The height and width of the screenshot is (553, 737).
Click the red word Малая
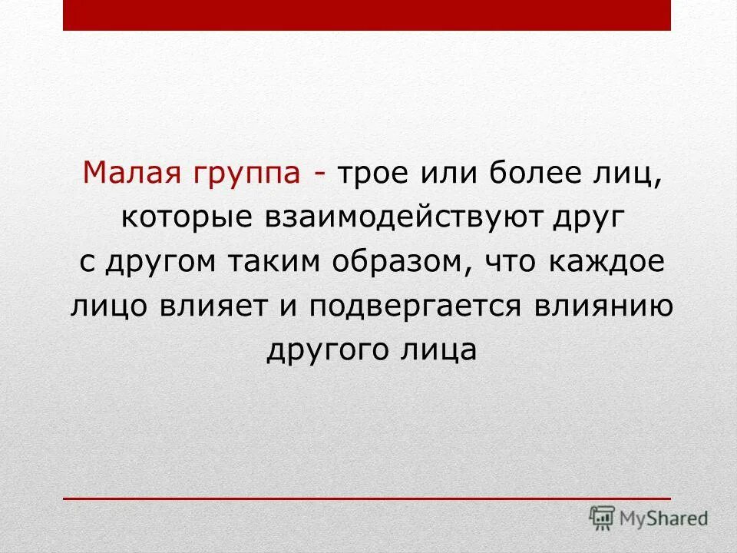click(x=127, y=174)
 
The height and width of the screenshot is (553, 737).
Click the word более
click(x=530, y=174)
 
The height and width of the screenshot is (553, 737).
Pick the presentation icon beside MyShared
click(x=603, y=517)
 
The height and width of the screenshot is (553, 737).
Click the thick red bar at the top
click(x=367, y=15)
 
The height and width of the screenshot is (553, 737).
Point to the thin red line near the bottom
click(x=367, y=498)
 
